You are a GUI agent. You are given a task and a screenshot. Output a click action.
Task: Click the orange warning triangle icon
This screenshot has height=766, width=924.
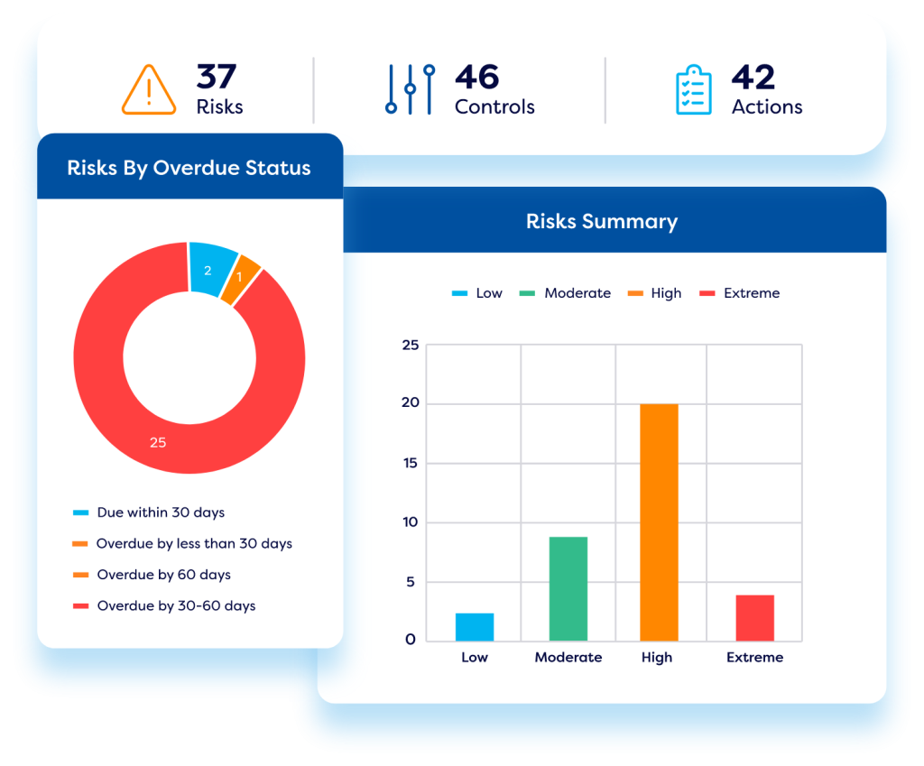149,91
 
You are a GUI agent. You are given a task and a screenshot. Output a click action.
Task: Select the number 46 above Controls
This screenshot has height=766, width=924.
476,78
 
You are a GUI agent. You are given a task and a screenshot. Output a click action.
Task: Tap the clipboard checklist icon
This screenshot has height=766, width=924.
693,91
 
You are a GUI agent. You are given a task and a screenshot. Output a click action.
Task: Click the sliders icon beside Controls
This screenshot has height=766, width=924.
410,89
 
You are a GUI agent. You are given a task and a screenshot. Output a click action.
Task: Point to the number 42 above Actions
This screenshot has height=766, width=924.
753,78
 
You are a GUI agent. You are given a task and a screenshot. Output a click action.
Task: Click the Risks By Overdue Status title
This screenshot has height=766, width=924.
189,168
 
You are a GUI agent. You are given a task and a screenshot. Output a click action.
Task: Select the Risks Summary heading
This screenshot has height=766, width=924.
602,221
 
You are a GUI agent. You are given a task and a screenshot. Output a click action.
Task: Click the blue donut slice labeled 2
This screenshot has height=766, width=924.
211,269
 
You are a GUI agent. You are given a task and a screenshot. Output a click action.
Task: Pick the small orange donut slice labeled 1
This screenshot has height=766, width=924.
241,280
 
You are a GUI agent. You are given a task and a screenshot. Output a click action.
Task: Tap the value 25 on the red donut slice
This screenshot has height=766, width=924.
158,442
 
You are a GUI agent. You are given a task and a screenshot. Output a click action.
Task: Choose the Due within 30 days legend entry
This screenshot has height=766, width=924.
161,512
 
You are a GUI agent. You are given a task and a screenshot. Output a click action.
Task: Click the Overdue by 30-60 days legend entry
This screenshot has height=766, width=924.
176,605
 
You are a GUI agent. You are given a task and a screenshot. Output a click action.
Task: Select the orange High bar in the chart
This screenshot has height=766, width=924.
659,522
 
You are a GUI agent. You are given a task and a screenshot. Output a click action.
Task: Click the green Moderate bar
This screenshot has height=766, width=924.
568,588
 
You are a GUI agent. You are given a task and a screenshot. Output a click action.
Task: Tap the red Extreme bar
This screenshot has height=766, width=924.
754,617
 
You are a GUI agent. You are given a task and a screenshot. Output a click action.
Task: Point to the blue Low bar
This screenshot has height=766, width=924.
475,626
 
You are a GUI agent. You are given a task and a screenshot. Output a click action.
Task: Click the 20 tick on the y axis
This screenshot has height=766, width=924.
410,403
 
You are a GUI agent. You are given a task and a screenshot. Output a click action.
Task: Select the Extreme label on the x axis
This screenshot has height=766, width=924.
754,657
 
